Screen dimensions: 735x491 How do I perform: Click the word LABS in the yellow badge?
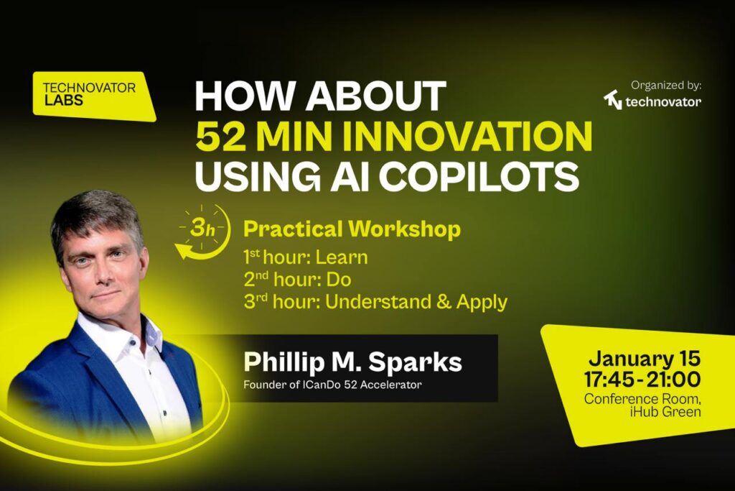pos(64,100)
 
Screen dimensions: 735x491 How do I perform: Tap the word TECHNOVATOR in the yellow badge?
pos(89,88)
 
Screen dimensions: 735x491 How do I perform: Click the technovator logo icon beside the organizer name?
pos(612,100)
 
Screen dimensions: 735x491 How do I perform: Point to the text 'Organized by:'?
pos(666,86)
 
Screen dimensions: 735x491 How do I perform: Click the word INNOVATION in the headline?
pos(469,137)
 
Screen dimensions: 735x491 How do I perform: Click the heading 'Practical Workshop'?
pos(352,229)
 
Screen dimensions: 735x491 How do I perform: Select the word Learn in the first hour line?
pos(341,257)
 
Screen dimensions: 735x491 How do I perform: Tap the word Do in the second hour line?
pos(339,280)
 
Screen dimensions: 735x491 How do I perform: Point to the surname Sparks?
pos(416,362)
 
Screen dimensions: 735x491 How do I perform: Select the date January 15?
pos(645,358)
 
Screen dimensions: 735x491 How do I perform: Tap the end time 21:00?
pos(673,380)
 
